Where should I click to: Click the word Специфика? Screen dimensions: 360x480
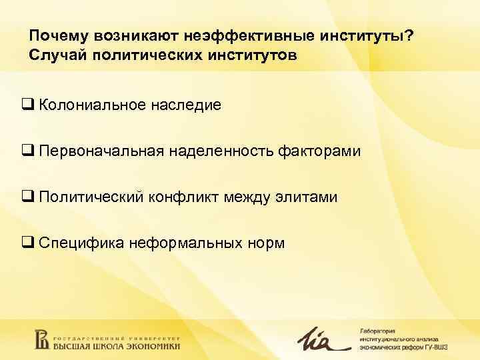click(x=77, y=243)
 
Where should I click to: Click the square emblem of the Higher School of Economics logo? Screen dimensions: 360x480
click(x=42, y=339)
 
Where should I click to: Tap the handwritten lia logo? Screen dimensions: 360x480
click(x=322, y=339)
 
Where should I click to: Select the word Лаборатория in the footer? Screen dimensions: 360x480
click(x=378, y=331)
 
